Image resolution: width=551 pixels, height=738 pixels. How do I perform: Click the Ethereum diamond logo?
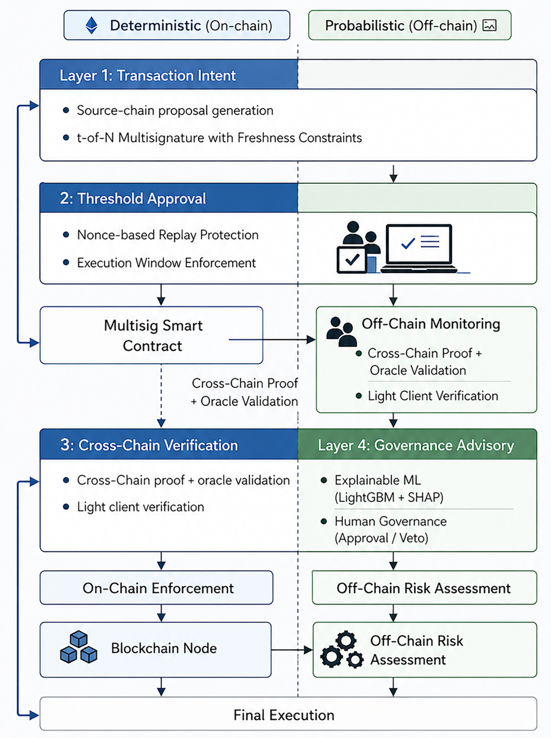[91, 25]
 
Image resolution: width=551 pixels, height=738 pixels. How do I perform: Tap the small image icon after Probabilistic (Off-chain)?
[489, 25]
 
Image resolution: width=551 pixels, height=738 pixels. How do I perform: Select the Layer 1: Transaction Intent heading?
[148, 75]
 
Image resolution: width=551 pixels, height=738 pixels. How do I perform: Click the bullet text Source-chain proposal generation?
[175, 110]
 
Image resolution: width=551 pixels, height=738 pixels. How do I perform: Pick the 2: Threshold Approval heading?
[133, 198]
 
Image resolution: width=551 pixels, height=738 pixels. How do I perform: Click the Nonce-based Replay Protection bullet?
[168, 235]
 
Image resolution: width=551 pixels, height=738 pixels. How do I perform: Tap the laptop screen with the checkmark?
[419, 244]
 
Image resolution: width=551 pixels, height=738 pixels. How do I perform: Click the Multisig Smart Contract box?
[151, 335]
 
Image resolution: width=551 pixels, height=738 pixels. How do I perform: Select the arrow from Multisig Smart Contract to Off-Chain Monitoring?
[272, 339]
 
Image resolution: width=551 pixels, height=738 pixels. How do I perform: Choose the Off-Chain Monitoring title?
[431, 324]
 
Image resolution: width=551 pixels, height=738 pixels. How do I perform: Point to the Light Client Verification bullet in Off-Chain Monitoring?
[433, 396]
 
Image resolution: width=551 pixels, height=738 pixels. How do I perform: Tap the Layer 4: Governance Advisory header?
[416, 445]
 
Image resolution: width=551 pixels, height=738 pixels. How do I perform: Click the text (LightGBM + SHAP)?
[389, 497]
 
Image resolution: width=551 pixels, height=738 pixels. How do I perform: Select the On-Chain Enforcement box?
[157, 588]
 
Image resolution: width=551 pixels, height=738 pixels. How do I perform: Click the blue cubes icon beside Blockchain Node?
[79, 647]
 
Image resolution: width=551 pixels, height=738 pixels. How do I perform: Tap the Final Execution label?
[284, 715]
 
